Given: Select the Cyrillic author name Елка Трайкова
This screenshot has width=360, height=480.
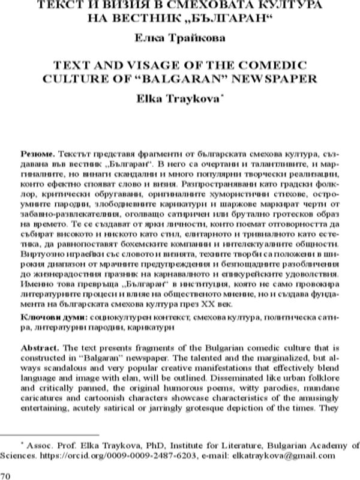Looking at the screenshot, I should (x=179, y=39).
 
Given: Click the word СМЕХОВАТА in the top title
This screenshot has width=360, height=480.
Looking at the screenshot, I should (x=191, y=5).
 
